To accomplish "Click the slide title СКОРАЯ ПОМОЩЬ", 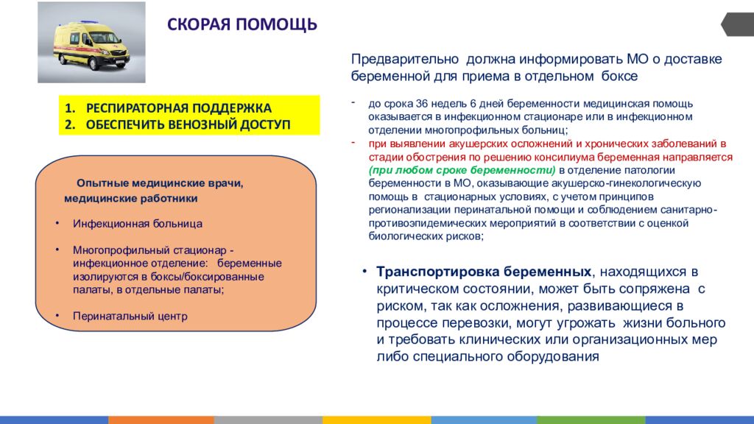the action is [x=242, y=24].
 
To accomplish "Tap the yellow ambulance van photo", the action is [x=91, y=42].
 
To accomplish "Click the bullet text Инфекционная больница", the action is [x=138, y=224].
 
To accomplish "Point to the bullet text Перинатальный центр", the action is [x=130, y=316].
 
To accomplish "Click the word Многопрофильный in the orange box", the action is [x=115, y=250].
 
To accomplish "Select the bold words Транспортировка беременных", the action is [x=484, y=272].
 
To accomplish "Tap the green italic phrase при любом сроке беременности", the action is [x=462, y=170].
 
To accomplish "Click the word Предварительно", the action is [x=405, y=59].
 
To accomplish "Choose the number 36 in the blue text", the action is [x=422, y=104].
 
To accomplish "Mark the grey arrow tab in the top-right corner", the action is [x=737, y=24].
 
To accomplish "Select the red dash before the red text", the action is [x=353, y=142].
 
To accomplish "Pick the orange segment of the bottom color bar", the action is [x=161, y=420].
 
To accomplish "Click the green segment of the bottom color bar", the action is [x=591, y=420].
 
